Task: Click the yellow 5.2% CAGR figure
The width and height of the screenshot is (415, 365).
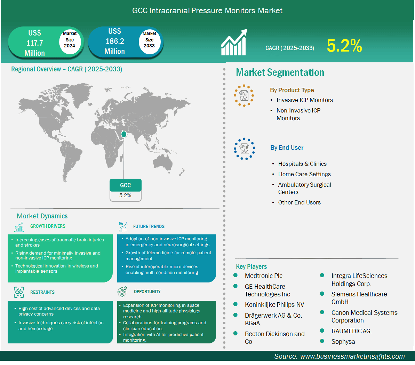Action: click(x=344, y=46)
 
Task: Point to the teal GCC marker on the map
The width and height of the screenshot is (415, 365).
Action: click(x=123, y=134)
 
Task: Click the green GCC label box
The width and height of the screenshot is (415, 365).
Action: click(x=126, y=185)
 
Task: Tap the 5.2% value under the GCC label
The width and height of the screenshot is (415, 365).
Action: click(x=125, y=195)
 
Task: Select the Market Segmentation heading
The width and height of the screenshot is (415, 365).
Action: click(x=280, y=72)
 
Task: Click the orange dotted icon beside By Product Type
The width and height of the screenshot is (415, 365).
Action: click(x=244, y=96)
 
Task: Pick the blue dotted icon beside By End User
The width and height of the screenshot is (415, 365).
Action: click(x=244, y=149)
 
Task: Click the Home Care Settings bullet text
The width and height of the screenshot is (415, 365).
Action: click(x=304, y=174)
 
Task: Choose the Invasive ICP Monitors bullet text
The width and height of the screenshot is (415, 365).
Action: click(x=305, y=100)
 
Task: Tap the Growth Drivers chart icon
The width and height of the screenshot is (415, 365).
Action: click(x=19, y=227)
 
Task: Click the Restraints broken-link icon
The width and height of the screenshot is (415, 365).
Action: click(x=19, y=292)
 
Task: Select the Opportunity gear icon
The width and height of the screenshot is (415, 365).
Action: click(x=122, y=292)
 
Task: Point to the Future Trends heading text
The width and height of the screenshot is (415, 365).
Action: click(x=149, y=226)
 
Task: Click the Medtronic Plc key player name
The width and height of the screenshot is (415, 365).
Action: click(x=264, y=276)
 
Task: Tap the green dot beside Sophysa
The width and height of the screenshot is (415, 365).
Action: click(x=322, y=341)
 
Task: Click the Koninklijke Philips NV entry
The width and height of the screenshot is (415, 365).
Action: click(x=274, y=304)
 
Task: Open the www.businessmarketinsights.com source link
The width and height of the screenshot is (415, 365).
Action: click(x=352, y=356)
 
